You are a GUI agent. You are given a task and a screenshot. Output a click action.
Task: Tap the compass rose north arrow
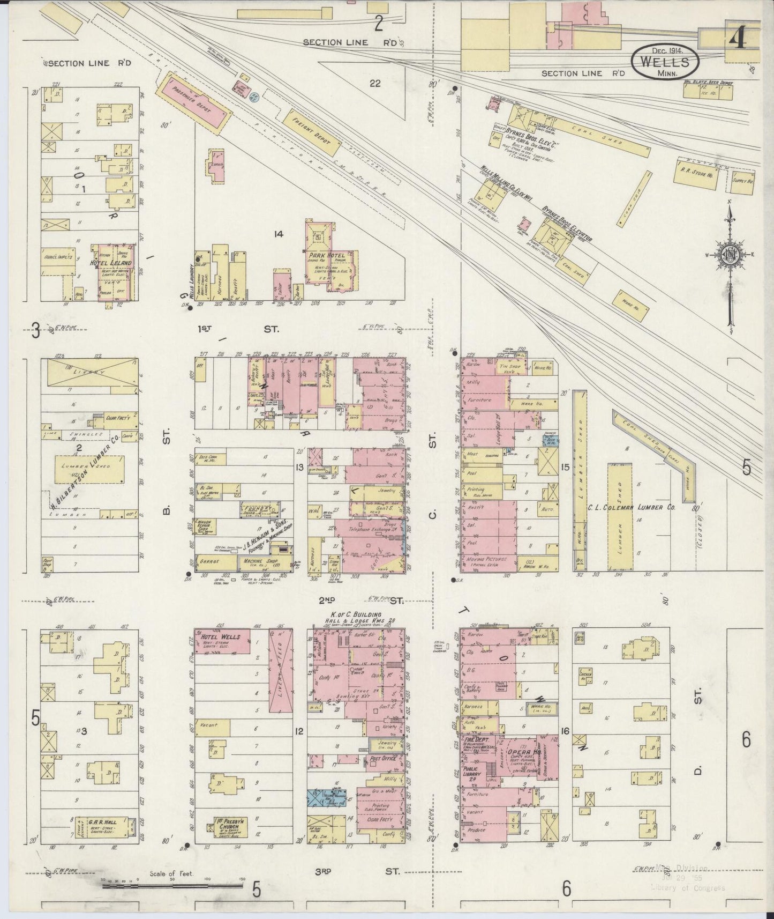pyautogui.click(x=730, y=214)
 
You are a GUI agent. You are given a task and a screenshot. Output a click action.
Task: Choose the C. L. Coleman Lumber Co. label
pyautogui.click(x=640, y=507)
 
